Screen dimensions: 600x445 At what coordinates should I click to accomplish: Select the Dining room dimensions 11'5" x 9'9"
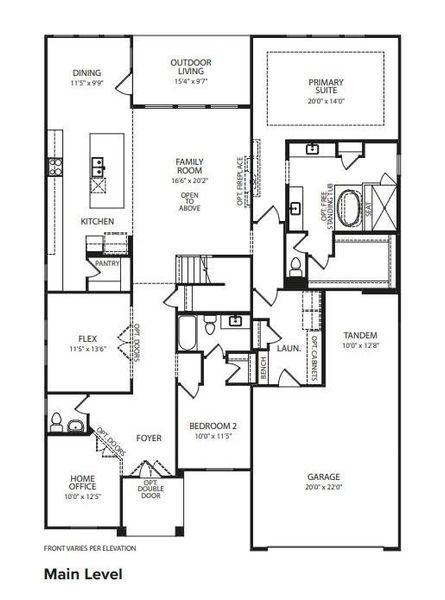click(x=87, y=85)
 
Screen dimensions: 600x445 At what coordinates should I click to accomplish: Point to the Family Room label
click(x=190, y=166)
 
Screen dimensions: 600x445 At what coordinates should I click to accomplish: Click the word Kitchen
click(x=97, y=221)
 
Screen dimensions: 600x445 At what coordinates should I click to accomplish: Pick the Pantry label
click(x=108, y=263)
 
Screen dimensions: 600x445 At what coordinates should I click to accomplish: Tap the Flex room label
click(x=86, y=339)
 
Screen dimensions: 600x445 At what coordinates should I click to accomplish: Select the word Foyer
click(x=149, y=437)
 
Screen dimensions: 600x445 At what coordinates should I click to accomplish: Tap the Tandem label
click(x=359, y=335)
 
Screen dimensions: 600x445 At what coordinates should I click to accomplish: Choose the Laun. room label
click(x=289, y=348)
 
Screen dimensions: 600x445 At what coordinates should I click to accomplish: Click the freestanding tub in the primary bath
click(x=351, y=207)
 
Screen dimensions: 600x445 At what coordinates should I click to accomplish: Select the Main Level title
click(x=83, y=575)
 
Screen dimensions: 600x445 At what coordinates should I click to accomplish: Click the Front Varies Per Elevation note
click(x=90, y=548)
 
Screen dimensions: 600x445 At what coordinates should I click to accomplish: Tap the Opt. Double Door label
click(x=150, y=490)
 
